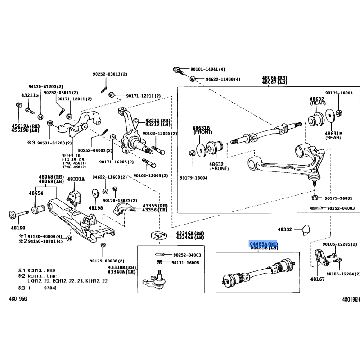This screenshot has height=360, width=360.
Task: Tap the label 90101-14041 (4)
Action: point(207,70)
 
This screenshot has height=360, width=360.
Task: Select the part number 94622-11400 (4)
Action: point(223,79)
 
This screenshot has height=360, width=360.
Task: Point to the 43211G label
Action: point(30,95)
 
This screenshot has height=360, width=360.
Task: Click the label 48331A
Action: point(76,179)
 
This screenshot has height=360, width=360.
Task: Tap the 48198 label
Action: point(95,208)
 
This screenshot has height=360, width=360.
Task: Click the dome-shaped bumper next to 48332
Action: point(306,228)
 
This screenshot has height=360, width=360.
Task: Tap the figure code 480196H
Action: point(351,299)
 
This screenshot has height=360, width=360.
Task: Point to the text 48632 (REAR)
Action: point(317,101)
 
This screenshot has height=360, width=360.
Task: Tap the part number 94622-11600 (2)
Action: point(110,177)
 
